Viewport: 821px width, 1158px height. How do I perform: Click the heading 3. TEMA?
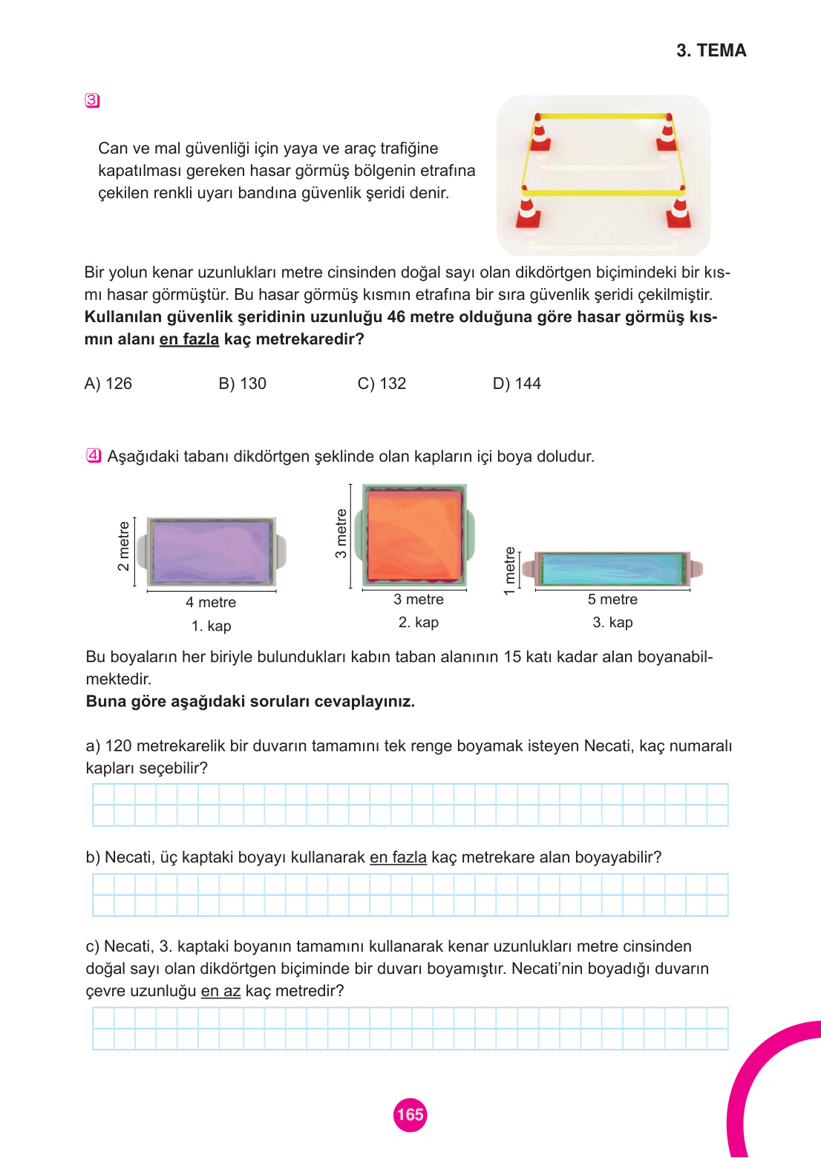coord(710,50)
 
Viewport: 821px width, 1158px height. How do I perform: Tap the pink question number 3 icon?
coord(92,100)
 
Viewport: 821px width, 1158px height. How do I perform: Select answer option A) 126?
coord(108,384)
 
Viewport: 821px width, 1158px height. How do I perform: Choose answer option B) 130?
coord(242,384)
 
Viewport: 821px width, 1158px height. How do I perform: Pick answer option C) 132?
coord(382,384)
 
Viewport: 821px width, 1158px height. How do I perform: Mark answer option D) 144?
coord(517,384)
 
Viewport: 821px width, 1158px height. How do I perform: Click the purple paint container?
coord(212,552)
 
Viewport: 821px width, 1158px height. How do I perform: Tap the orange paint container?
coord(414,534)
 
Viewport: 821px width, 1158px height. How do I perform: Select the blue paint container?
coord(612,569)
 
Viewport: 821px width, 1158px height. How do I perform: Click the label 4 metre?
coord(211,603)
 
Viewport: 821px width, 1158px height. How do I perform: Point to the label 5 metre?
coord(612,600)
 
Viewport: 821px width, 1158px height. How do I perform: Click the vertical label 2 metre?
coord(124,546)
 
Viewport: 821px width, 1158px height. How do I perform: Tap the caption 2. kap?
coord(418,623)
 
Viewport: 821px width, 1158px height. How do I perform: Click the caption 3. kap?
coord(612,623)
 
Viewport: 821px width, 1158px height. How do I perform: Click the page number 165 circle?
coord(410,1114)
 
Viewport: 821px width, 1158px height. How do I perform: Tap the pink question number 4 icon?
coord(94,456)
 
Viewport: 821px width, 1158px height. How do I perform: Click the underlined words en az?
coord(220,991)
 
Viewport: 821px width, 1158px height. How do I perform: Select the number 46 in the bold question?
coord(396,317)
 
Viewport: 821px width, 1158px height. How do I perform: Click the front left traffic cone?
coord(529,212)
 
